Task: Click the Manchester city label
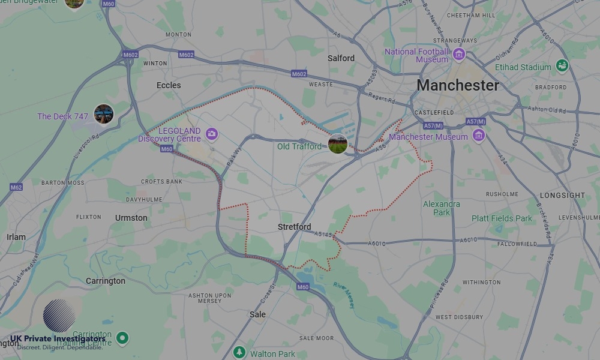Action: (x=457, y=85)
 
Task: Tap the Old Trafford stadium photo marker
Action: (x=338, y=144)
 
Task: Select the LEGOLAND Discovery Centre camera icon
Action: (x=211, y=133)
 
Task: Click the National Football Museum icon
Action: (x=459, y=55)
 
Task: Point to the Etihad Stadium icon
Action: (x=562, y=65)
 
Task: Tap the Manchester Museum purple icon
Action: (x=478, y=137)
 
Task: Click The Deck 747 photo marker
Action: (x=104, y=113)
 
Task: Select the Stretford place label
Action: (x=295, y=227)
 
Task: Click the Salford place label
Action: (x=341, y=58)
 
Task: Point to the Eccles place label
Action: (x=169, y=85)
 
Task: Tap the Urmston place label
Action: (x=131, y=218)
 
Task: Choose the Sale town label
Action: (x=257, y=314)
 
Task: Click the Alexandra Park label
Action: (x=442, y=208)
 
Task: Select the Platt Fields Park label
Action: (x=502, y=218)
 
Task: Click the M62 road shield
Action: (x=16, y=187)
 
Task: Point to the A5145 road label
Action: (x=322, y=235)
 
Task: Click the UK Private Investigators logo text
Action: (x=58, y=339)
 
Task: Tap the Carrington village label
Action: (x=106, y=281)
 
